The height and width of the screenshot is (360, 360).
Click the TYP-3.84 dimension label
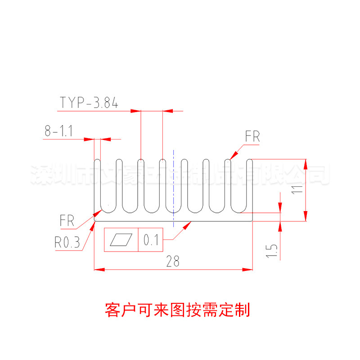(x=89, y=103)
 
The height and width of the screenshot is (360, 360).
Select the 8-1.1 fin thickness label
(x=59, y=131)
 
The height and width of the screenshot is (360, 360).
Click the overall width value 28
(x=172, y=261)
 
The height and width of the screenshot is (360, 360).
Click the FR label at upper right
(x=252, y=137)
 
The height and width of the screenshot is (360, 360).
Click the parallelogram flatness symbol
(x=122, y=241)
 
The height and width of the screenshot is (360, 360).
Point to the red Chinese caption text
(x=177, y=310)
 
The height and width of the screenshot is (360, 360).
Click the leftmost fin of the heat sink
(x=98, y=184)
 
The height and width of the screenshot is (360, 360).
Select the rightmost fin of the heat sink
(x=250, y=184)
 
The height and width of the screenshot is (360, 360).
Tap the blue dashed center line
(x=173, y=189)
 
